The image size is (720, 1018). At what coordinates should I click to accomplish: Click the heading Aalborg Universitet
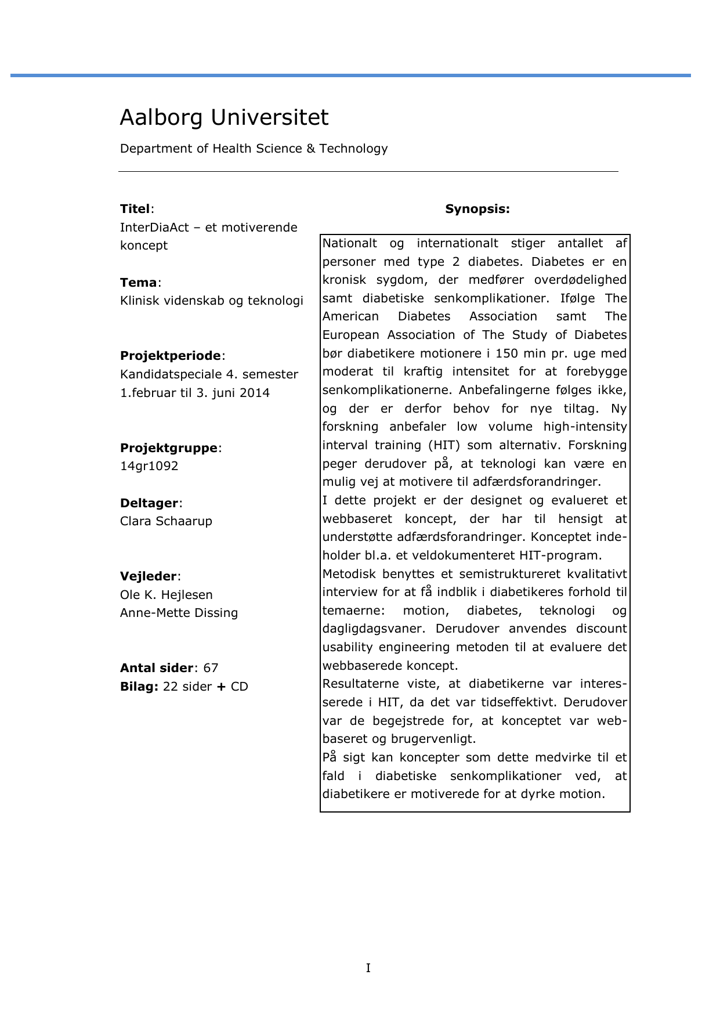click(224, 117)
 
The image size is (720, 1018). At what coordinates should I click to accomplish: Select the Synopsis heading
click(477, 209)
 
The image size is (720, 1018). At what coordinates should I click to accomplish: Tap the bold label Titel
click(135, 209)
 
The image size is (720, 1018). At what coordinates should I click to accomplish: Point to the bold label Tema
click(139, 283)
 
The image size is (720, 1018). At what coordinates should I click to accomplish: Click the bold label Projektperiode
click(171, 356)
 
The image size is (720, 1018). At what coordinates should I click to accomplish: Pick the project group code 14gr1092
click(149, 466)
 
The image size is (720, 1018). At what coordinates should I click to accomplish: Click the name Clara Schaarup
click(166, 521)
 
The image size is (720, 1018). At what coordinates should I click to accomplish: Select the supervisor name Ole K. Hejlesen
click(167, 595)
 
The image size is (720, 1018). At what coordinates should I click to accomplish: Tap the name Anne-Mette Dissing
click(179, 613)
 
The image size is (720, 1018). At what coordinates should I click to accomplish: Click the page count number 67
click(211, 668)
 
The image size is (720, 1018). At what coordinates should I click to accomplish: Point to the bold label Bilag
click(139, 687)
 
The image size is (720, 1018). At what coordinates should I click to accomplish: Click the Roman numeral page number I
click(368, 968)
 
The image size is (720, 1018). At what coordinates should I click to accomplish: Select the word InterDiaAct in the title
click(154, 228)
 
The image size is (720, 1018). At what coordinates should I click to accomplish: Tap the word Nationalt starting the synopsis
click(349, 243)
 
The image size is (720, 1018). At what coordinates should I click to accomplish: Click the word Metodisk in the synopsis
click(349, 574)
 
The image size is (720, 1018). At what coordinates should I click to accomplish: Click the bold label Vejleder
click(149, 576)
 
